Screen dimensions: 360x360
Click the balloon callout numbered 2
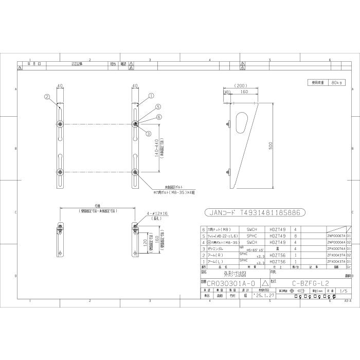46,96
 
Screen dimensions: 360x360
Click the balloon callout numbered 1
152,96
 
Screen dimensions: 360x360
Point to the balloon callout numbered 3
149,134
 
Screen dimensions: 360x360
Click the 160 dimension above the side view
244,92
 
